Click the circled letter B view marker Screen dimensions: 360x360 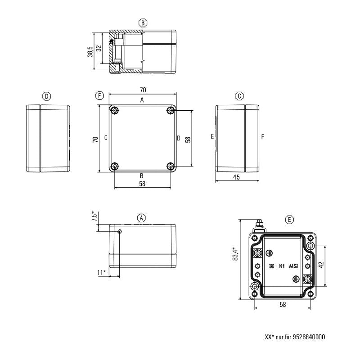coord(143,22)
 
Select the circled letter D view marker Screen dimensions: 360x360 coord(46,96)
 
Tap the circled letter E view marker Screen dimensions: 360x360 coord(290,219)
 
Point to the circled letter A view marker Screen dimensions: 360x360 coord(142,218)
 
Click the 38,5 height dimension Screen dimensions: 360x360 coord(90,51)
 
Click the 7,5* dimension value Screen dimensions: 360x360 coord(94,217)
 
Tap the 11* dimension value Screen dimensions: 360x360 coord(102,272)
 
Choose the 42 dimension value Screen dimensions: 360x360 coord(320,265)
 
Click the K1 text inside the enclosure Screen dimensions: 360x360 coord(282,266)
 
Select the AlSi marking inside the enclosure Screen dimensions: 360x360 coord(293,266)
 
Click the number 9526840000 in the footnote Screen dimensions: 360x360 coord(309,337)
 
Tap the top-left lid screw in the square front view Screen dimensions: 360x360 coord(115,111)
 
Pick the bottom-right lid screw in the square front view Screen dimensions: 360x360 coord(170,166)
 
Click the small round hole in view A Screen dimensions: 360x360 coord(119,232)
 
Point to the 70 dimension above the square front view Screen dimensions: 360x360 coord(143,90)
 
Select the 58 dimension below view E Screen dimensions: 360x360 coord(282,305)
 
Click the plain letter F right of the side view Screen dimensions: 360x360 coord(262,137)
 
